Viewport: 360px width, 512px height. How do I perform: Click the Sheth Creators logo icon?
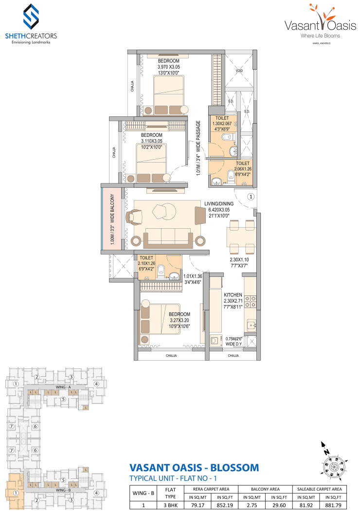click(31, 17)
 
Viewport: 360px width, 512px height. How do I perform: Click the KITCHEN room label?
click(233, 295)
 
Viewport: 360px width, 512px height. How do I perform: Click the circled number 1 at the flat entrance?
click(250, 197)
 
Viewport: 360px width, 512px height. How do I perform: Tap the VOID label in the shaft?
click(239, 71)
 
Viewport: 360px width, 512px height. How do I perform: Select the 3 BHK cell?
click(170, 505)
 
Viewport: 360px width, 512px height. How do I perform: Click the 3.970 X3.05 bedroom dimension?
click(168, 67)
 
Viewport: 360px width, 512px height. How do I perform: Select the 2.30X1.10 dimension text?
click(239, 260)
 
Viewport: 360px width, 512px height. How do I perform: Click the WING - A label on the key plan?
click(63, 386)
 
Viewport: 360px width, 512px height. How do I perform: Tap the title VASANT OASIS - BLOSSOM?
click(193, 468)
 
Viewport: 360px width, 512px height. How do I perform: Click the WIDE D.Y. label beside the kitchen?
click(234, 344)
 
